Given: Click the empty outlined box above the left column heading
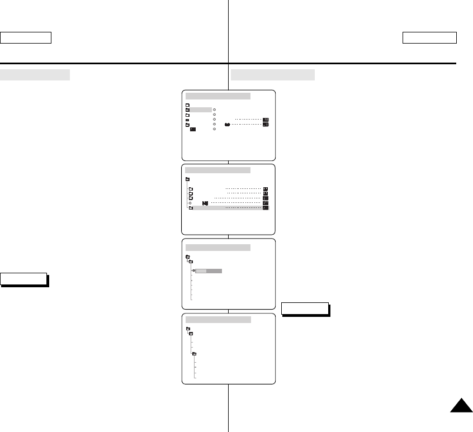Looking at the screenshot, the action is click(x=26, y=37).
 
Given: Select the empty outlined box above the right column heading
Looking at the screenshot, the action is click(x=429, y=37).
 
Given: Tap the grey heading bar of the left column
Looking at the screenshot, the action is click(x=35, y=75).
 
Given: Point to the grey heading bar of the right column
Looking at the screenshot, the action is click(x=273, y=75).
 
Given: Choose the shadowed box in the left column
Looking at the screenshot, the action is click(x=23, y=279).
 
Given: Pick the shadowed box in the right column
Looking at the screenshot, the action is click(x=305, y=308).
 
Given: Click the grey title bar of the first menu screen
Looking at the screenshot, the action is click(x=218, y=96).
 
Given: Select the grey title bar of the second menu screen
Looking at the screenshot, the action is click(x=218, y=170).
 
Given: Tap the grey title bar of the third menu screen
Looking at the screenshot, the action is click(x=218, y=247).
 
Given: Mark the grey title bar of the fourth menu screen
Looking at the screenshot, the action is click(x=218, y=320).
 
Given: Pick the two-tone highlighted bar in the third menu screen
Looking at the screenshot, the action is click(x=209, y=270).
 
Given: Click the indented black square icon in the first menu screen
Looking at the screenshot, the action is click(x=192, y=129).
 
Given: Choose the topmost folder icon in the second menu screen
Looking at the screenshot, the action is click(x=188, y=179).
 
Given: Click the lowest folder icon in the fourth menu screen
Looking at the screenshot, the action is click(x=195, y=354).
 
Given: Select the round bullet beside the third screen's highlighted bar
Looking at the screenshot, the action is click(x=193, y=270).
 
